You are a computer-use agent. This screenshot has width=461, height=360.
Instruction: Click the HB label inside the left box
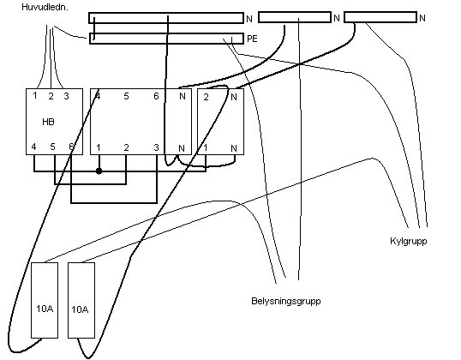(48, 122)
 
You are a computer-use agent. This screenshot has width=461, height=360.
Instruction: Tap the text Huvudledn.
(45, 8)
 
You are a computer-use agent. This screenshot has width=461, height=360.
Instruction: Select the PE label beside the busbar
(252, 39)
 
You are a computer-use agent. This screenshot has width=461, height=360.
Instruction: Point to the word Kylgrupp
(409, 241)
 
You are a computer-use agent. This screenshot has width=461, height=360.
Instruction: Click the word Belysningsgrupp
(286, 301)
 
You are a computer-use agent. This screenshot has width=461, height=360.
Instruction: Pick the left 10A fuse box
(45, 300)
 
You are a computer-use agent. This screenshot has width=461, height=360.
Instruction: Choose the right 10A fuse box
(81, 300)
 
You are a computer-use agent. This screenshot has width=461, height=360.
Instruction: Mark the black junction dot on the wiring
(99, 171)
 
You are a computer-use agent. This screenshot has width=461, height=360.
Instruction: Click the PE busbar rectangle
(166, 39)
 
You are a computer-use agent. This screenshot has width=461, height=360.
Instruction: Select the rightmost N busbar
(380, 17)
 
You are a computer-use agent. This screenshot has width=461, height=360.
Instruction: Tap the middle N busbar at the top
(295, 17)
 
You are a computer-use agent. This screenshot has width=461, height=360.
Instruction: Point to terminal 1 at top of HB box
(35, 96)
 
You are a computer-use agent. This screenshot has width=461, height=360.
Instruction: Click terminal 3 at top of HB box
(67, 96)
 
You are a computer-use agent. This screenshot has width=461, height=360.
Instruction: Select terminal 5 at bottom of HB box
(52, 147)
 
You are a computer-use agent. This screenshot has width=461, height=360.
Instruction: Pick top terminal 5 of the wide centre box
(126, 96)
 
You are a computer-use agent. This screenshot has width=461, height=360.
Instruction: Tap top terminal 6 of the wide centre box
(156, 96)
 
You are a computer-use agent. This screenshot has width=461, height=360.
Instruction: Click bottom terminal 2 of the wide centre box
(126, 147)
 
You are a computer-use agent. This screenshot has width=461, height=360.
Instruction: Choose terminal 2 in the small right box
(207, 97)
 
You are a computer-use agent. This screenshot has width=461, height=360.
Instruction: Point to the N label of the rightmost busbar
(422, 18)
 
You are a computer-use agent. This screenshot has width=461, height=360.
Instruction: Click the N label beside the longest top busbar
(249, 19)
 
